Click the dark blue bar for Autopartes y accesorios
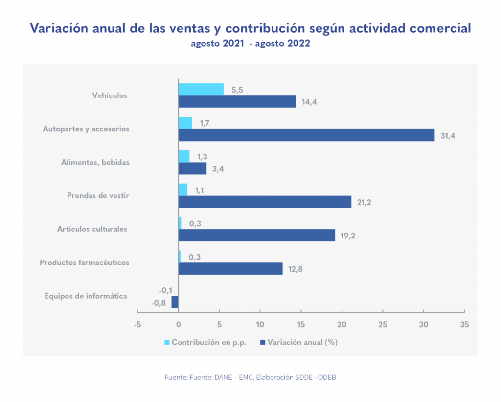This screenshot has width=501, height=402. pos(306,135)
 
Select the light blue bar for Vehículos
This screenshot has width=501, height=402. pos(201,89)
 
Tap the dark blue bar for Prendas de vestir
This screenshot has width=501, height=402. pos(265,201)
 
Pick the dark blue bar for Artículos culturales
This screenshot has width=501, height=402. pos(256,235)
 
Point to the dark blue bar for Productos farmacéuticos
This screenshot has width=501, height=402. pos(230,268)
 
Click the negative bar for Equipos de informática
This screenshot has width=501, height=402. pos(175,302)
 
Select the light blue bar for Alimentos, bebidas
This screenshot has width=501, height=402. pos(184,156)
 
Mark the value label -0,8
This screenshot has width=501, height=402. pos(159,303)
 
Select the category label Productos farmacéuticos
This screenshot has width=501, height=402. pos(85,262)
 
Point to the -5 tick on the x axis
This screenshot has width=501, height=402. pos(137,324)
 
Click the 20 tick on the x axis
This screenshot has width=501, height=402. pos(342,324)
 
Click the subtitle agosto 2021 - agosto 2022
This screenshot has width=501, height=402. pos(250,44)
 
